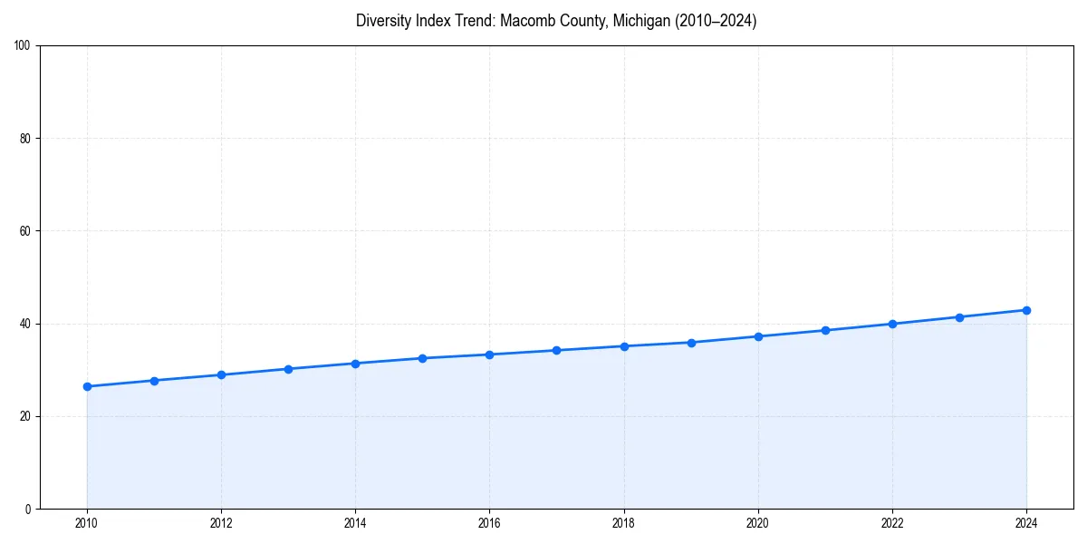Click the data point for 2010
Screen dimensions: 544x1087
coord(87,386)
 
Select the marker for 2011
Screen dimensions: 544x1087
coord(154,381)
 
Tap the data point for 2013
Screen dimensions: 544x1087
coord(288,369)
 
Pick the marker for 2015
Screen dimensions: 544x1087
coord(422,358)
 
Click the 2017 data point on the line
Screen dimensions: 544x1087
coord(556,350)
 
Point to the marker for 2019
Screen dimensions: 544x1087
coord(691,343)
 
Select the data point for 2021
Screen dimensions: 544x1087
coord(825,330)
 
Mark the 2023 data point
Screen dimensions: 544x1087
coord(959,317)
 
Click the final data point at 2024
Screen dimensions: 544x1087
coord(1026,310)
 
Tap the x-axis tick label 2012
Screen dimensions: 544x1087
coord(221,523)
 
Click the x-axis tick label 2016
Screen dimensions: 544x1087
coord(489,523)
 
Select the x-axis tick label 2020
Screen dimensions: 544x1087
coord(758,523)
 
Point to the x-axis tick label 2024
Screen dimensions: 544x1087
coord(1026,523)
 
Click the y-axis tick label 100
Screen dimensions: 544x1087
coord(23,45)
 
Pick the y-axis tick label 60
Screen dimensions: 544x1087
coord(25,231)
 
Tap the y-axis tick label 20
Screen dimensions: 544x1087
coord(25,416)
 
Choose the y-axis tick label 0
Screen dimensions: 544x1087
coord(28,509)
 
